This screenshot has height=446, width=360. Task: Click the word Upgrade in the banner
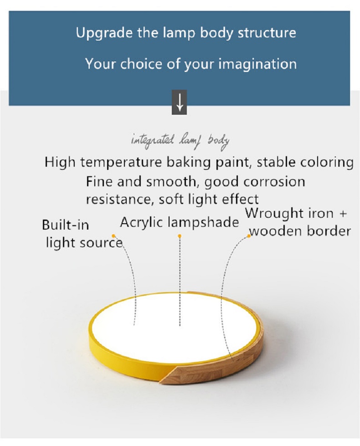pos(104,33)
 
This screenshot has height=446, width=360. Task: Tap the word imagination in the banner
pos(257,64)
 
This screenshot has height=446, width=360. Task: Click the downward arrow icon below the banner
pos(179,103)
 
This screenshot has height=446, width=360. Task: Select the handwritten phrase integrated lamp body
pos(180,141)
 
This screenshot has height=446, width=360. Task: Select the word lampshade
pos(203,222)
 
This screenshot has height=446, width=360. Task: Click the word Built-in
pos(66,225)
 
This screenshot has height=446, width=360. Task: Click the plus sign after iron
pos(343,214)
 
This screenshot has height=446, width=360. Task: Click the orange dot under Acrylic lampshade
pos(180,236)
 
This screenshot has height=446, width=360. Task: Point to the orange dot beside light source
pos(113,236)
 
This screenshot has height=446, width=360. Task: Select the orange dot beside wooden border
pos(249,236)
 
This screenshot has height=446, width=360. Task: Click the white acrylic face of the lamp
pos(174,327)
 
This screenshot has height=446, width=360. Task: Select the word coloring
pos(327,163)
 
